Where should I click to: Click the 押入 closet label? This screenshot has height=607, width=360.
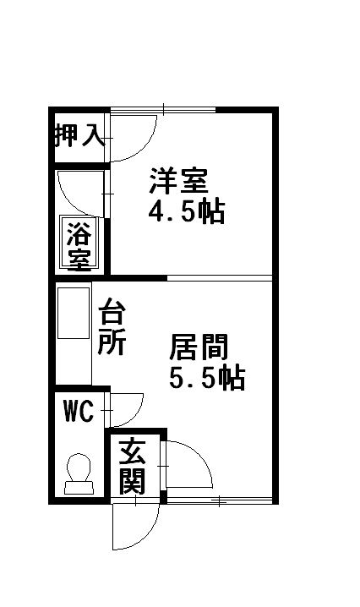(x=80, y=135)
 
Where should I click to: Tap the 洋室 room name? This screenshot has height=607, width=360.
(x=179, y=180)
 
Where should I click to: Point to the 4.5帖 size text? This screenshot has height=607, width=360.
(x=187, y=211)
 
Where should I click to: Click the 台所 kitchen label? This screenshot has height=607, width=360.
(x=112, y=326)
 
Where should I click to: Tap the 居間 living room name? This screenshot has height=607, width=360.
(x=199, y=347)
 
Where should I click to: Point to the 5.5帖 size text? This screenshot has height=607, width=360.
(x=207, y=378)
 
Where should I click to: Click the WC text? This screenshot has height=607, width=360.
(x=79, y=411)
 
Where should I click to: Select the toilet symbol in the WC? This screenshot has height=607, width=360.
(x=79, y=474)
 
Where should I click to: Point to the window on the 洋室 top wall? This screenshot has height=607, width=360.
(x=163, y=110)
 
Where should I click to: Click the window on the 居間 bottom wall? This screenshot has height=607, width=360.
(x=219, y=501)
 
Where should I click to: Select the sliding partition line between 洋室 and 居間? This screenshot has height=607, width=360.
(x=220, y=278)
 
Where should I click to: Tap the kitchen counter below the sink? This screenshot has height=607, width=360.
(x=74, y=362)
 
